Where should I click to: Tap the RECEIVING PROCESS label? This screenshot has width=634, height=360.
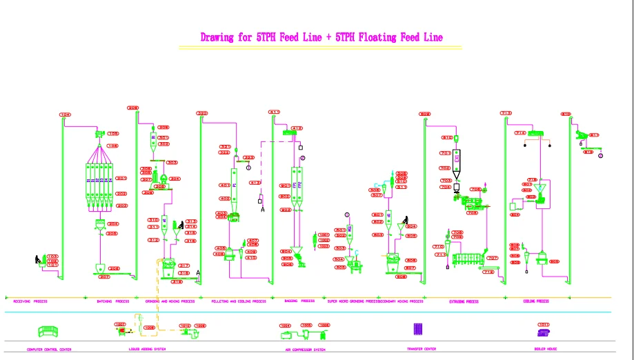pyautogui.click(x=31, y=301)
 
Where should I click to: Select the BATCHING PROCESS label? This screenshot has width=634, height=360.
pyautogui.click(x=113, y=301)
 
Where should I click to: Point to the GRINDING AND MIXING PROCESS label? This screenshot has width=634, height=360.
pyautogui.click(x=170, y=301)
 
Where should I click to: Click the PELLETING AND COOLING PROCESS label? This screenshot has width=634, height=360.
pyautogui.click(x=239, y=301)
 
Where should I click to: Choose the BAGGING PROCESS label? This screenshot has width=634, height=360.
pyautogui.click(x=299, y=301)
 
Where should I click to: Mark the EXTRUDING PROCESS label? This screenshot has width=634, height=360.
pyautogui.click(x=463, y=301)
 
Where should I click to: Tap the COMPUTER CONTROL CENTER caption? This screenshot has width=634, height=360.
pyautogui.click(x=48, y=349)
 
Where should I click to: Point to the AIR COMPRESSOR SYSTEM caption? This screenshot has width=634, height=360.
pyautogui.click(x=305, y=349)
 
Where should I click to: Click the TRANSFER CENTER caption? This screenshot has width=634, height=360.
pyautogui.click(x=422, y=349)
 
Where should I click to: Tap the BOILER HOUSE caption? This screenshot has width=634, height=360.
pyautogui.click(x=545, y=349)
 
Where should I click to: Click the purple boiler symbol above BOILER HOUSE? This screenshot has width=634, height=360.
pyautogui.click(x=544, y=332)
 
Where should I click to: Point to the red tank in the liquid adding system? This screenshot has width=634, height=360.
pyautogui.click(x=123, y=331)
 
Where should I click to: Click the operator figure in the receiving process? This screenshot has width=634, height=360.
pyautogui.click(x=38, y=259)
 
